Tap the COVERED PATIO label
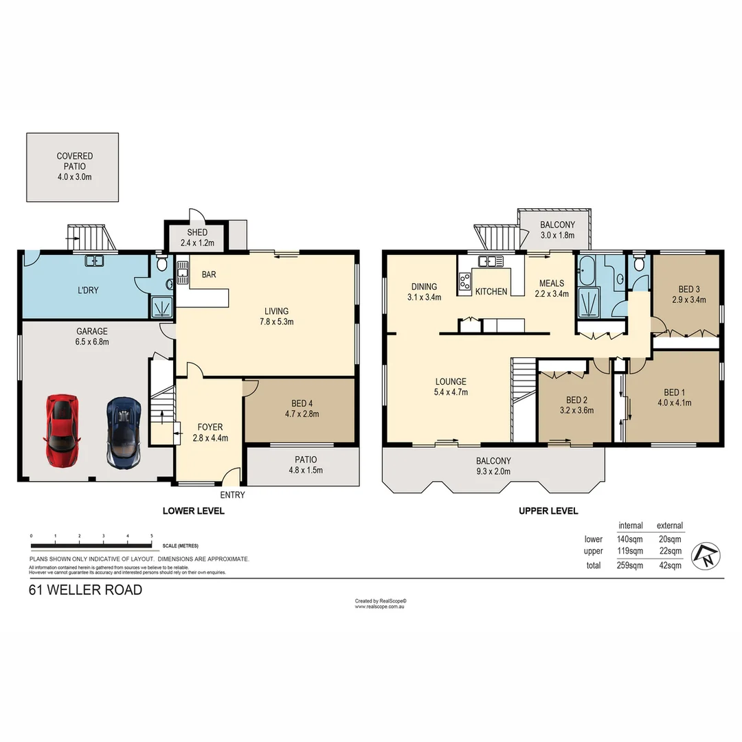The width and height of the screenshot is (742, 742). [74, 157]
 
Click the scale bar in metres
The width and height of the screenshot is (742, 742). [91, 546]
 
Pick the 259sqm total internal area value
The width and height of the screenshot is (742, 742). [630, 565]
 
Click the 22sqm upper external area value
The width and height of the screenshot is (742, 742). [669, 551]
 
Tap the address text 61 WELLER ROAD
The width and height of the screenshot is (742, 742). [85, 589]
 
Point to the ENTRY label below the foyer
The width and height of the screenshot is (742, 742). [232, 495]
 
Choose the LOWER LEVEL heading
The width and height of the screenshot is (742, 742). [193, 511]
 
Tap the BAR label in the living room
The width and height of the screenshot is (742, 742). [209, 274]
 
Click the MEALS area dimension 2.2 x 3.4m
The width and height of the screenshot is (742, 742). [551, 294]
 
